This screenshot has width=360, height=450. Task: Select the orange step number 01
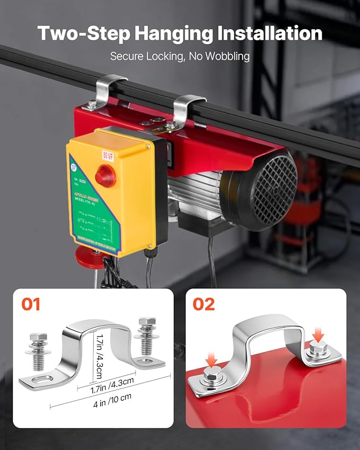(x=31, y=304)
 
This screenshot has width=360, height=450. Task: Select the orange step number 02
(x=204, y=304)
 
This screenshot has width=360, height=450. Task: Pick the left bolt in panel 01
(x=39, y=351)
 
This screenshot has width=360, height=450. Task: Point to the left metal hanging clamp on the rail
(x=108, y=90)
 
